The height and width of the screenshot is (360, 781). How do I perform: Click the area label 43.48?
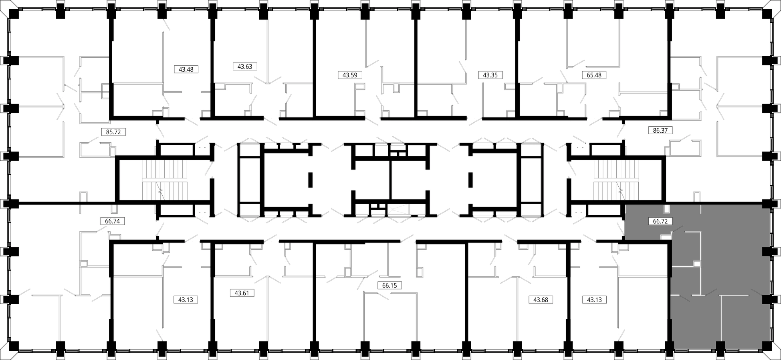(186, 69)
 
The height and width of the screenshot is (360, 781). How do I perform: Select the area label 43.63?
(245, 67)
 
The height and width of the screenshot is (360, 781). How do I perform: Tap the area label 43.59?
(350, 75)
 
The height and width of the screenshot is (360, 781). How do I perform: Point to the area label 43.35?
(490, 75)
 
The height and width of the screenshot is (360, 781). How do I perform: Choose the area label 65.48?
(594, 75)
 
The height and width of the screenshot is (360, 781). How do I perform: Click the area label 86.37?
(660, 130)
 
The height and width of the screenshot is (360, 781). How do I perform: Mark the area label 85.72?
(113, 131)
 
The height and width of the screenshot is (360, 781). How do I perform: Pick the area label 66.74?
(113, 221)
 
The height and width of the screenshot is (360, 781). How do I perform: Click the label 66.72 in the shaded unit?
(660, 221)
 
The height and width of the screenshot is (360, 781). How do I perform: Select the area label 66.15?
(389, 286)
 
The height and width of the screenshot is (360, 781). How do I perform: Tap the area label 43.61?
(242, 293)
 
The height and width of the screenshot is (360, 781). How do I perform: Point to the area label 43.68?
(541, 299)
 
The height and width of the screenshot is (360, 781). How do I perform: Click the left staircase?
(165, 180)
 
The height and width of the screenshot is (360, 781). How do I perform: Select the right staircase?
(617, 180)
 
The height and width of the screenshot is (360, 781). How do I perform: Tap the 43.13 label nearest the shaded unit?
(594, 299)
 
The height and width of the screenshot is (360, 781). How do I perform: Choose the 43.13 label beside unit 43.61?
(186, 299)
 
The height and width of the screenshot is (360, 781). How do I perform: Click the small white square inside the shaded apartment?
(697, 264)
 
